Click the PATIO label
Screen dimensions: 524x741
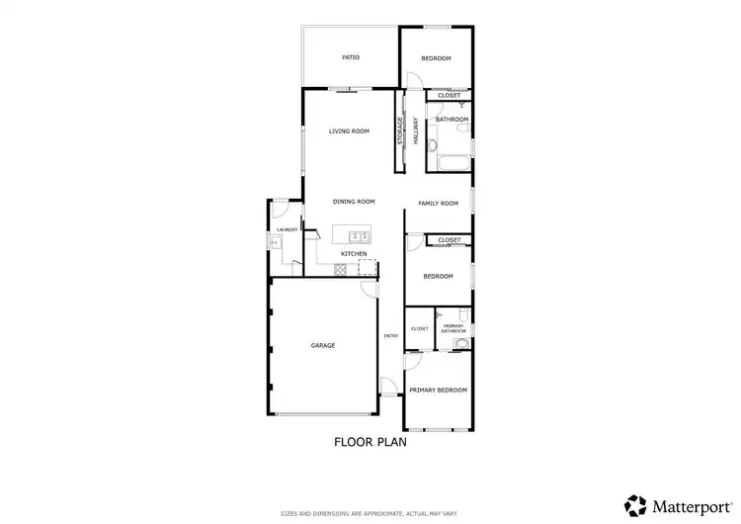tap(351, 57)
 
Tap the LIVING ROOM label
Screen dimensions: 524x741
tap(349, 131)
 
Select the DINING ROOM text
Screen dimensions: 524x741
tap(354, 202)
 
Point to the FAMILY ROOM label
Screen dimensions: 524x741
tap(439, 204)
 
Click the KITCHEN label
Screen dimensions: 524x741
tap(354, 254)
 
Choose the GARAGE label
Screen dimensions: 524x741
tap(323, 345)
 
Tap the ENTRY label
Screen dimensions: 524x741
tap(391, 336)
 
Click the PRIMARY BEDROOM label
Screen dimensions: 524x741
tap(438, 390)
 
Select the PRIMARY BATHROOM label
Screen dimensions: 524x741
tap(454, 328)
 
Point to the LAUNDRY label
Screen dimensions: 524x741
tap(287, 229)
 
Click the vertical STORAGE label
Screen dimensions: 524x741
tap(400, 132)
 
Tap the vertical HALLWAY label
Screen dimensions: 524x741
tap(416, 132)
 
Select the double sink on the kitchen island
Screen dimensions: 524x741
tap(359, 235)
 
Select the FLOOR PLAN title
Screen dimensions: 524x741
tap(370, 442)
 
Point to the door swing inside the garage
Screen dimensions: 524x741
tap(369, 289)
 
